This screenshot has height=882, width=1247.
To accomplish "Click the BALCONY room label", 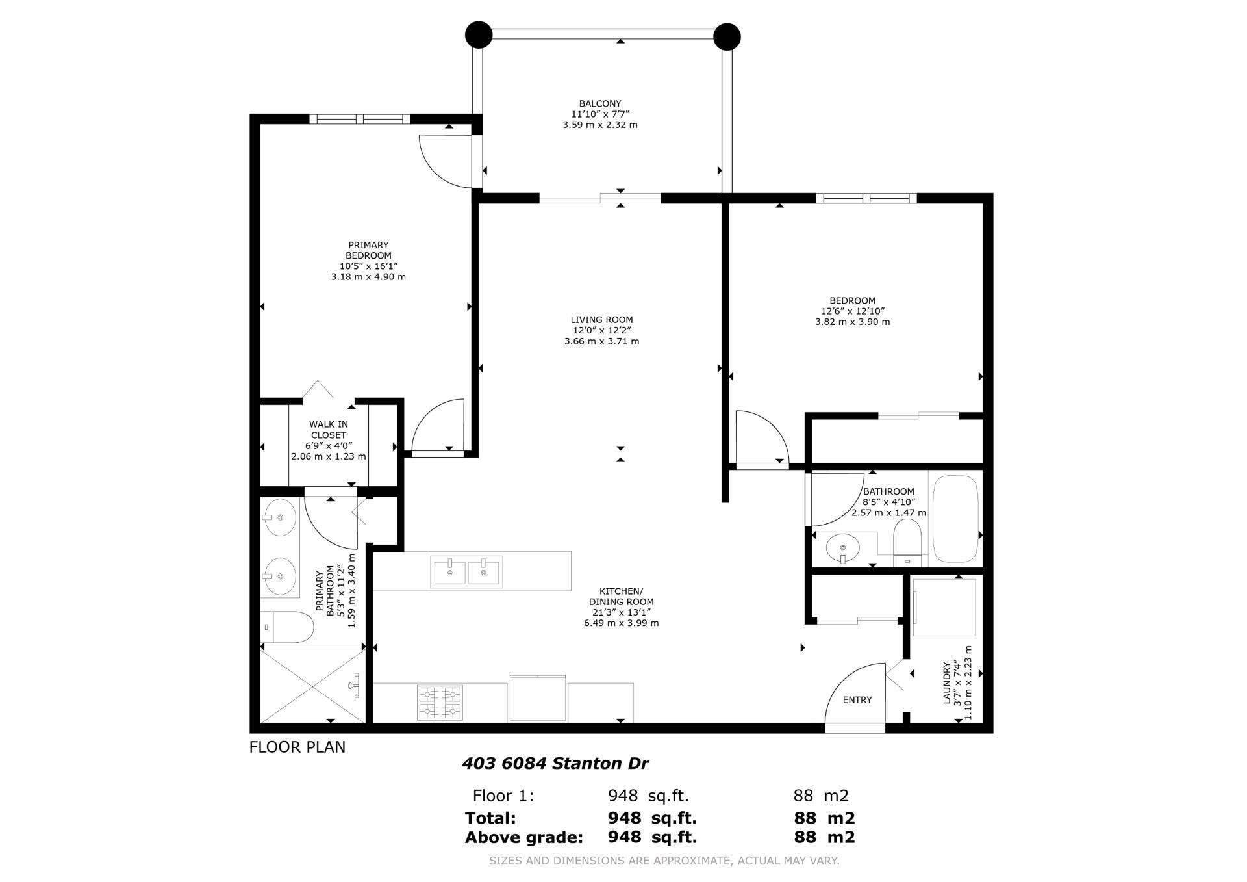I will coord(599,103).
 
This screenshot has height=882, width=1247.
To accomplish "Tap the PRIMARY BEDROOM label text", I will coord(368,250).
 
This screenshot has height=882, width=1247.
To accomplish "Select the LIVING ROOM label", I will coord(601,320).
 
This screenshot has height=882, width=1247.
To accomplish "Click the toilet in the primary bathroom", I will coord(287,627).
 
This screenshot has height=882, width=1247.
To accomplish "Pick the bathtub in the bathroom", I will coord(955,519).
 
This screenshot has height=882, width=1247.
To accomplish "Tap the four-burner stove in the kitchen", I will coord(440,703).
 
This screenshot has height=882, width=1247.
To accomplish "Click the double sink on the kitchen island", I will coord(466,572).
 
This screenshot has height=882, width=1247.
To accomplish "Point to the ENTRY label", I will coord(857,700).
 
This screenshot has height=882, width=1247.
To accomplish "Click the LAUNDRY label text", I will coord(946,682).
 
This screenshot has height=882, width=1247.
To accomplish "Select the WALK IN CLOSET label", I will coord(328,430).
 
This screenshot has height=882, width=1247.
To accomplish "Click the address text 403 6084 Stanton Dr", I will coord(555,763).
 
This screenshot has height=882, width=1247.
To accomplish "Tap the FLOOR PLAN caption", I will coord(297,747).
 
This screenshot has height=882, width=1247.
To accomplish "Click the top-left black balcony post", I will coord(479,34).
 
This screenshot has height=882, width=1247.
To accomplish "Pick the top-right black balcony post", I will coord(727,36).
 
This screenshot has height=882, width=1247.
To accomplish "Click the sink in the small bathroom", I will coord(842,548).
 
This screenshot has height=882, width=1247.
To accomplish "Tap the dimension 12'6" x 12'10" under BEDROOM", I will coord(852,311).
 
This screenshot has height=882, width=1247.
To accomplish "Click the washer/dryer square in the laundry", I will coord(944,607).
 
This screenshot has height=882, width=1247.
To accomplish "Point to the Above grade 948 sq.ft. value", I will coord(651,837).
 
